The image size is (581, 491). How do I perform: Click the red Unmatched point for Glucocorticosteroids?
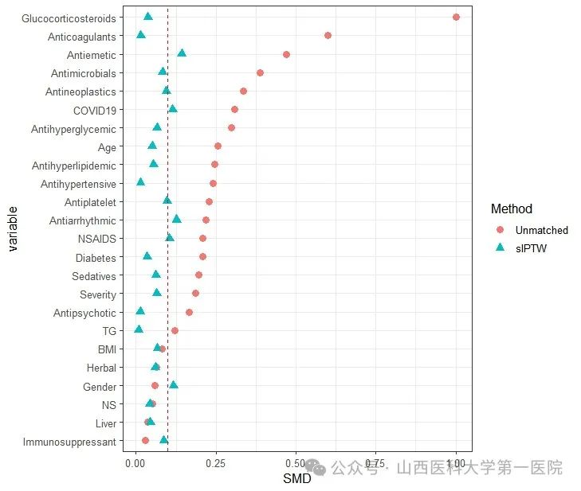pyautogui.click(x=456, y=17)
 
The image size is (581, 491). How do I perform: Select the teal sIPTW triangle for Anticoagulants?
pyautogui.click(x=141, y=35)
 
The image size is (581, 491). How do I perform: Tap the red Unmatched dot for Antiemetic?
pyautogui.click(x=286, y=54)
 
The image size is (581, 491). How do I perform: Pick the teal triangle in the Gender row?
pyautogui.click(x=174, y=385)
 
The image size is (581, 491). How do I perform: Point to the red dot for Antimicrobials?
pyautogui.click(x=260, y=72)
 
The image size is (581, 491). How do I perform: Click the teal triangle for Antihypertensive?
pyautogui.click(x=141, y=182)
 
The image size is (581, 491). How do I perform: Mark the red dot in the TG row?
pyautogui.click(x=175, y=330)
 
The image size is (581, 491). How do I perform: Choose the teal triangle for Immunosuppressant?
pyautogui.click(x=164, y=439)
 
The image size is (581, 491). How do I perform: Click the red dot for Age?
pyautogui.click(x=218, y=146)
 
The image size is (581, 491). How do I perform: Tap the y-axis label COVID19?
pyautogui.click(x=94, y=110)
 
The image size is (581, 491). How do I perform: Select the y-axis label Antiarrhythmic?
pyautogui.click(x=82, y=220)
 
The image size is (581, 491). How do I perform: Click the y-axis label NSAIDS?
pyautogui.click(x=96, y=239)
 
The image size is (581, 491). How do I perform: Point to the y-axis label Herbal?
pyautogui.click(x=101, y=368)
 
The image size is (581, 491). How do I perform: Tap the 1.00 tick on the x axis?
pyautogui.click(x=456, y=462)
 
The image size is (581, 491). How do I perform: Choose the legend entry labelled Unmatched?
pyautogui.click(x=541, y=230)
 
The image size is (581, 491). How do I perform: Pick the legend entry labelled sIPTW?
pyautogui.click(x=530, y=247)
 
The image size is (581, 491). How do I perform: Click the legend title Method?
pyautogui.click(x=512, y=209)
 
